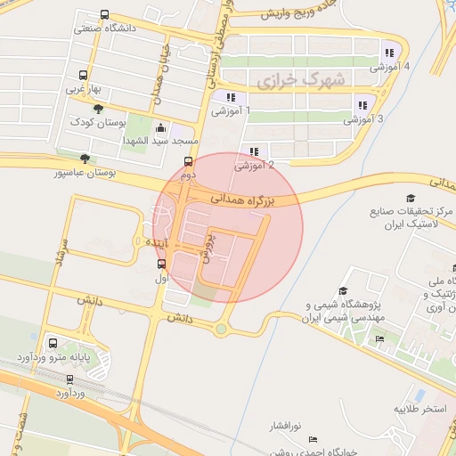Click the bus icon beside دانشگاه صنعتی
pyautogui.click(x=105, y=15)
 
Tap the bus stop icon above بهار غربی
pyautogui.click(x=84, y=76)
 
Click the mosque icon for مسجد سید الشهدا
pyautogui.click(x=159, y=127)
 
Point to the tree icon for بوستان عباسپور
pyautogui.click(x=85, y=159)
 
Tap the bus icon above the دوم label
pyautogui.click(x=188, y=161)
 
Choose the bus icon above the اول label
pyautogui.click(x=161, y=264)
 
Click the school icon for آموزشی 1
pyautogui.click(x=231, y=97)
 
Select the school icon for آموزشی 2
pyautogui.click(x=255, y=151)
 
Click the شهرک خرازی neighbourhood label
pyautogui.click(x=301, y=80)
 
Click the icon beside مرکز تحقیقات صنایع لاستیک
pyautogui.click(x=411, y=198)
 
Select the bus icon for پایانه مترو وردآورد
pyautogui.click(x=53, y=342)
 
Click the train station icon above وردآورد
pyautogui.click(x=70, y=379)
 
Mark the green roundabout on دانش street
pyautogui.click(x=220, y=329)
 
